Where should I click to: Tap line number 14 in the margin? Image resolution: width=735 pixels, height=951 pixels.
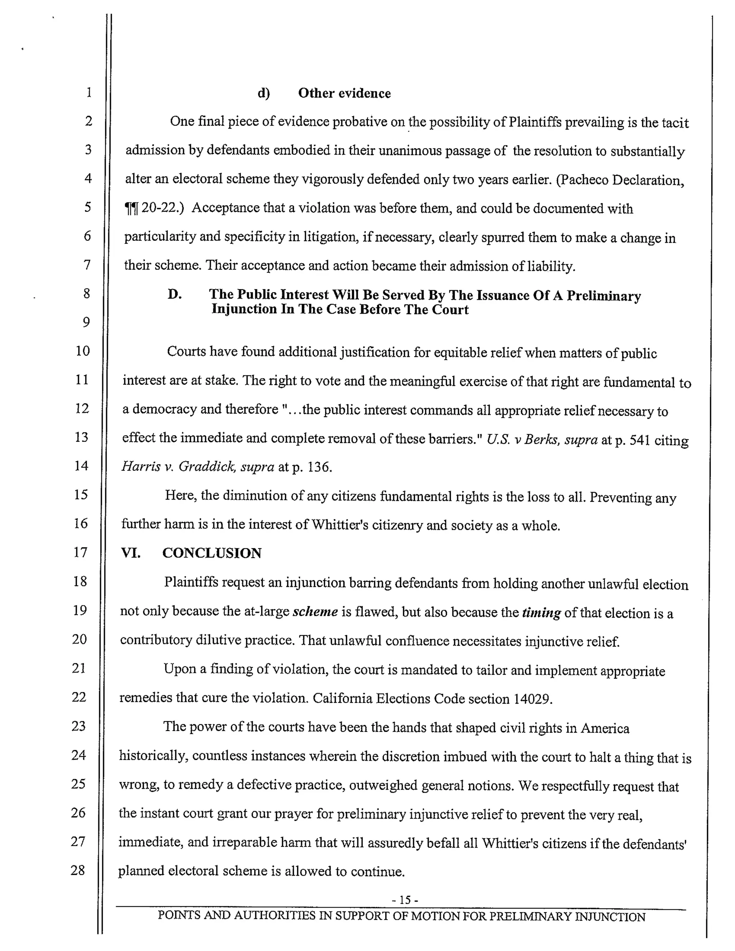tap(81, 465)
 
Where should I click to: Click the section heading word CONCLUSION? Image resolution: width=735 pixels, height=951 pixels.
tap(212, 553)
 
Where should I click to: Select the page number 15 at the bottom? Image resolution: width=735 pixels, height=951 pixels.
tap(405, 900)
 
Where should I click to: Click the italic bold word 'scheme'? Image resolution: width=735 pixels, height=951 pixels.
tap(315, 612)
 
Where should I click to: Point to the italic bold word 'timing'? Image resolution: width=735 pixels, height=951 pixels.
tap(541, 613)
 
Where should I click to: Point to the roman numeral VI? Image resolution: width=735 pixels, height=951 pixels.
tap(131, 553)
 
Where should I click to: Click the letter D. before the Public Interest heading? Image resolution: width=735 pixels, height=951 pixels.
tap(175, 295)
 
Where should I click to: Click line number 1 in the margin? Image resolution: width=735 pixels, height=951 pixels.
tap(89, 92)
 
